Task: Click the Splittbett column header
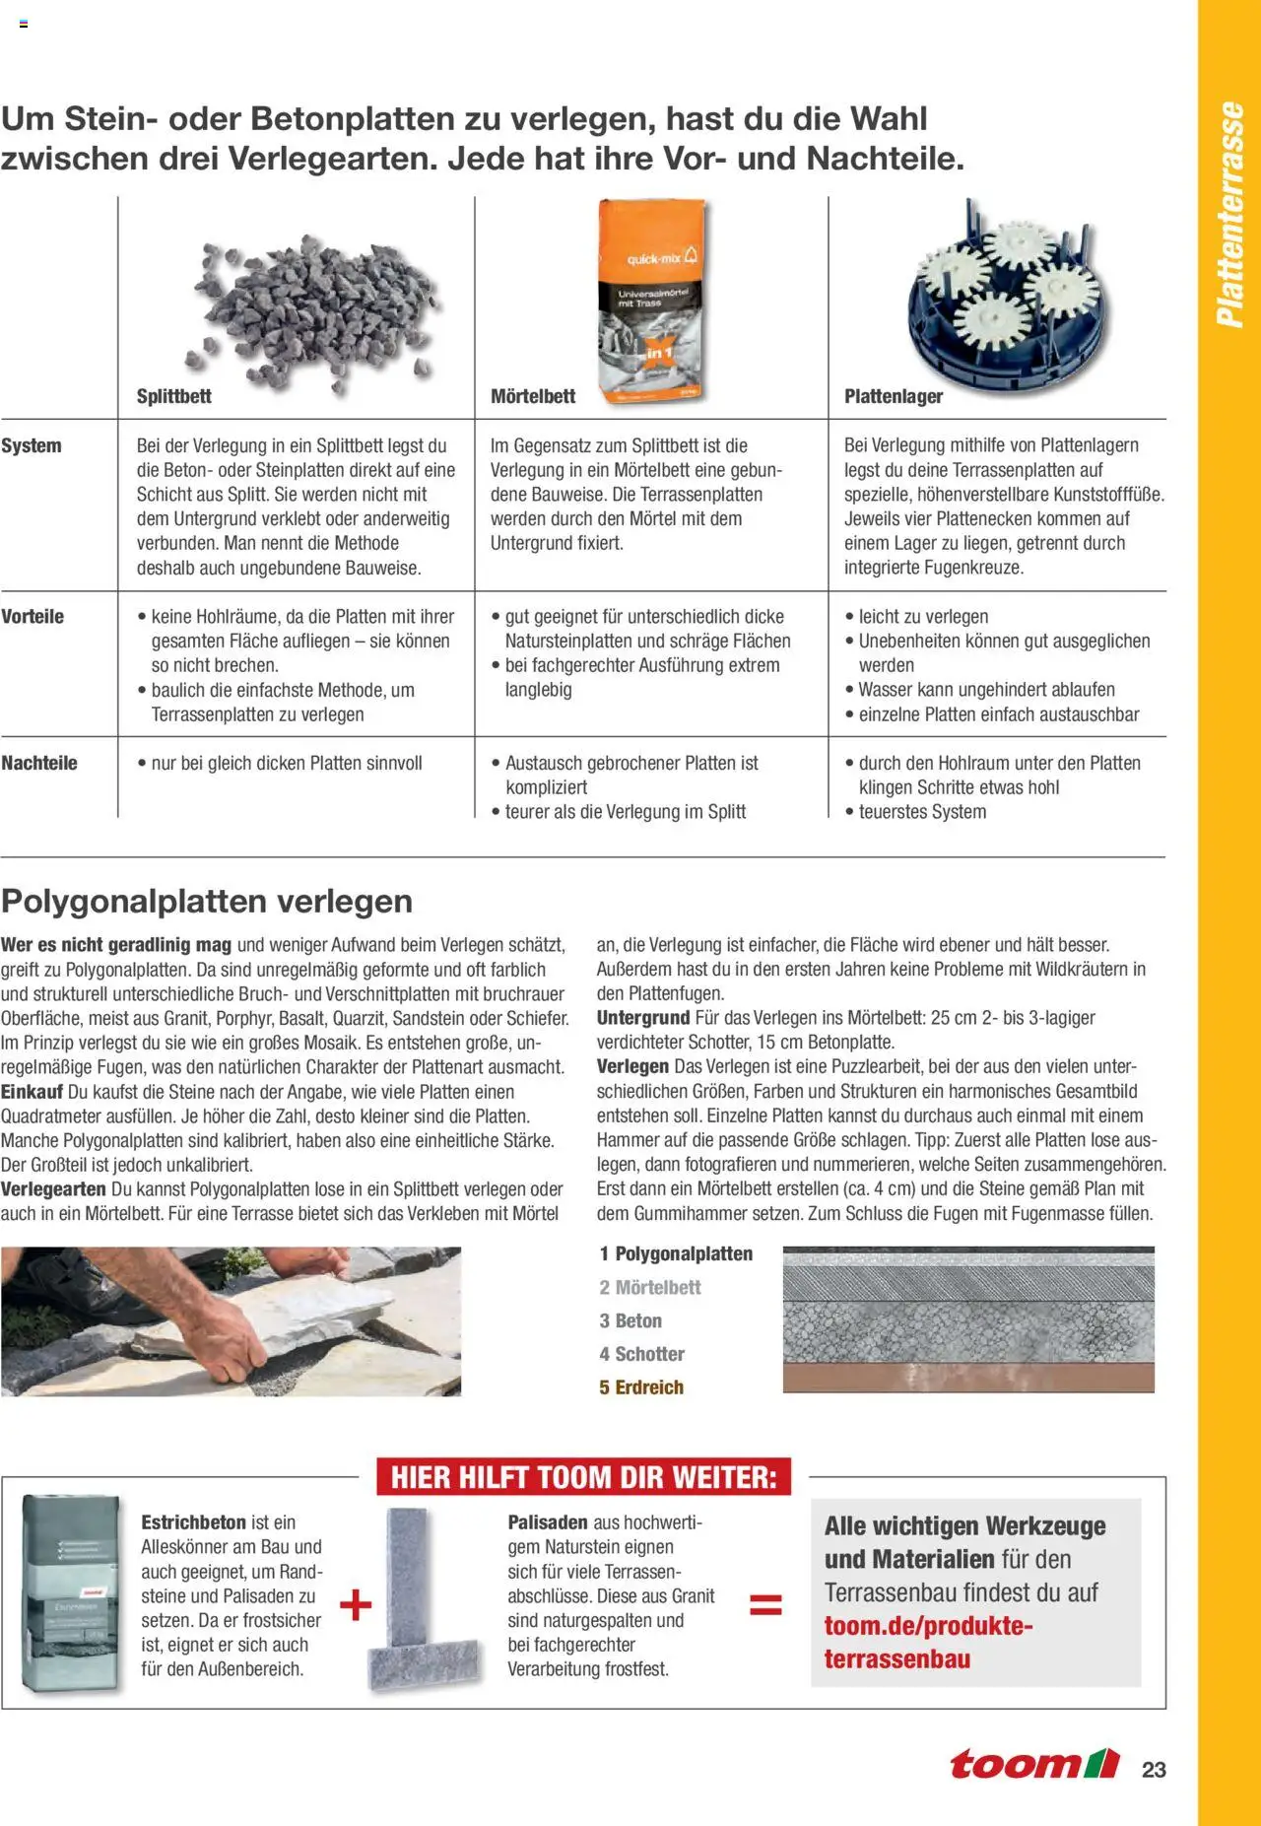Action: click(173, 396)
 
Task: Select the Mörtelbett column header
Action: click(533, 396)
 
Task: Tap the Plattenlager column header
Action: click(893, 396)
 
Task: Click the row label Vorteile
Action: click(33, 617)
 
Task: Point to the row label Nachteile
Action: click(39, 763)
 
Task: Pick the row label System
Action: click(32, 445)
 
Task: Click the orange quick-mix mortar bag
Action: click(652, 300)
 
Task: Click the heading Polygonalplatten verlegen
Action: click(207, 901)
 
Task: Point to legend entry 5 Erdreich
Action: click(641, 1387)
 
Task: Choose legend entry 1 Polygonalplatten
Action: click(676, 1253)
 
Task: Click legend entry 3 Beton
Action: click(630, 1320)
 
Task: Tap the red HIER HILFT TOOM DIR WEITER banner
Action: click(583, 1477)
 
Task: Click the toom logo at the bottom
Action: click(1034, 1764)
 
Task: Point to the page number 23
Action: click(1154, 1769)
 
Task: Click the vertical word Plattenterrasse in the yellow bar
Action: click(1229, 215)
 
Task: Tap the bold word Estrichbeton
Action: click(193, 1522)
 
